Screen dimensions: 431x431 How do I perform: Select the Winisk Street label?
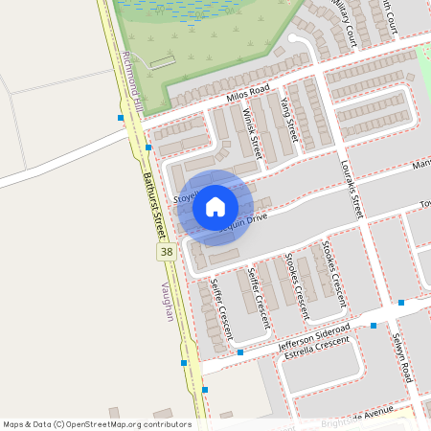pyautogui.click(x=252, y=131)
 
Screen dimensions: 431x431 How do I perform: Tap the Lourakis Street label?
pyautogui.click(x=352, y=188)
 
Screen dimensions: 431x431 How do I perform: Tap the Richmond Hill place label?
pyautogui.click(x=132, y=85)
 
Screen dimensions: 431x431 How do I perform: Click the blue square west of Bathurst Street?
pyautogui.click(x=121, y=118)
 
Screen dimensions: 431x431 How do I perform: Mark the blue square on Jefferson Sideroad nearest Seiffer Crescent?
pyautogui.click(x=240, y=352)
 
